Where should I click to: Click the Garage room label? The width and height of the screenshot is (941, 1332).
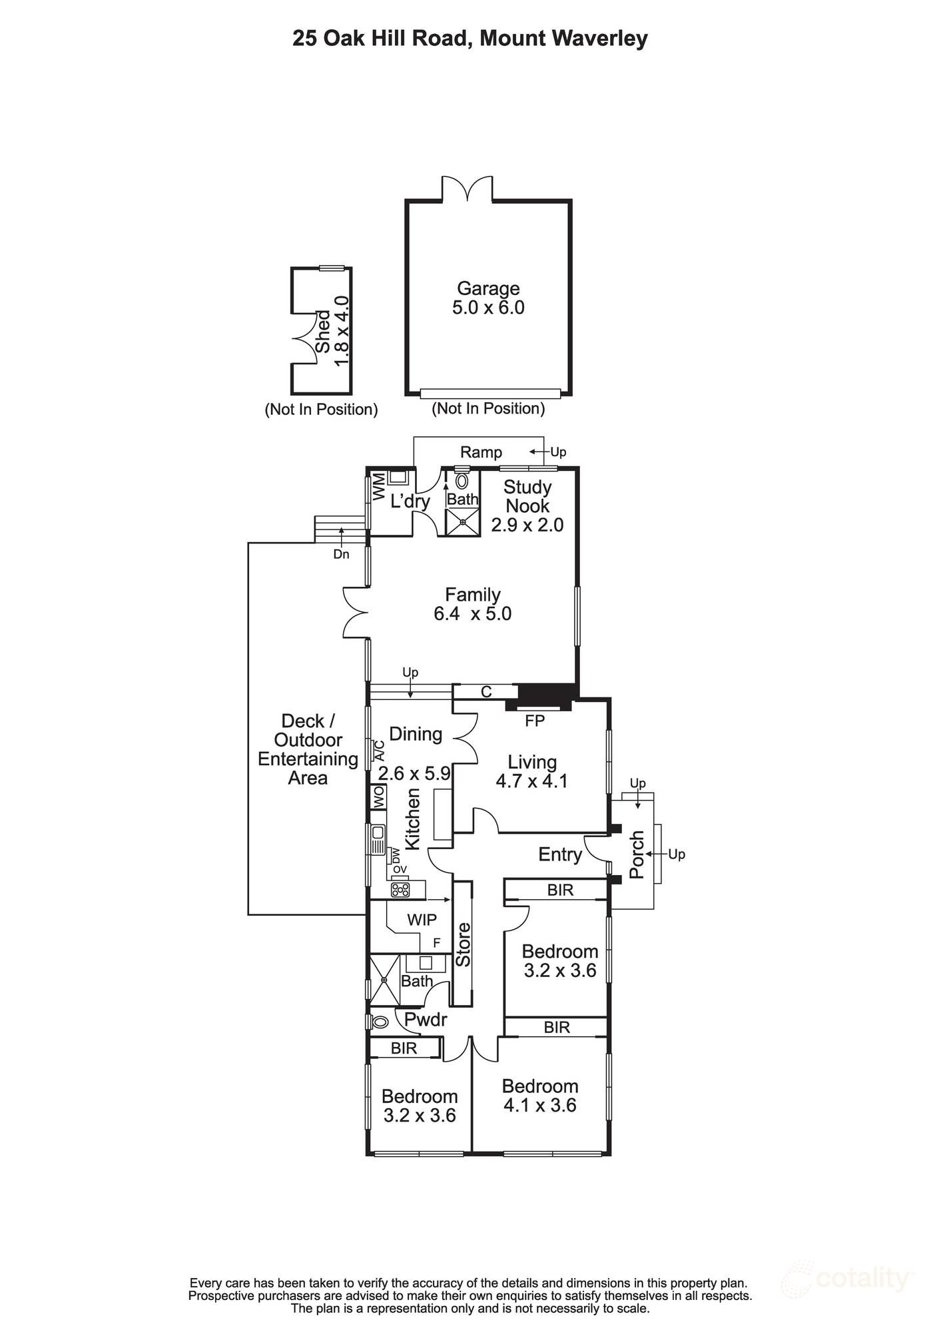(x=488, y=288)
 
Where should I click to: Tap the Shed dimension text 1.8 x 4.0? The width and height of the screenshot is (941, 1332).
(x=342, y=330)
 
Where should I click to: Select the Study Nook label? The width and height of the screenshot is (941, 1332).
(x=527, y=496)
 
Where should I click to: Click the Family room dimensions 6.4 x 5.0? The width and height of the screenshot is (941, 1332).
(x=472, y=613)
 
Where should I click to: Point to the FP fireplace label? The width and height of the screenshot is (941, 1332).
(x=535, y=721)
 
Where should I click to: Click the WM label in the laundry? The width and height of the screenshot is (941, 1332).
(x=378, y=486)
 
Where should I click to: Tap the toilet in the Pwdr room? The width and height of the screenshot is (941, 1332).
(x=380, y=1022)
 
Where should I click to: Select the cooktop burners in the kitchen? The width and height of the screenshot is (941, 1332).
(x=400, y=889)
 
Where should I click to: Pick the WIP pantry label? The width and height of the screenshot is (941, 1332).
(x=422, y=920)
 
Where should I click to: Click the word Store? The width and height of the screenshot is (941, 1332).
(x=463, y=944)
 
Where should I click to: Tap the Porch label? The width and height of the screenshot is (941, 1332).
(x=637, y=854)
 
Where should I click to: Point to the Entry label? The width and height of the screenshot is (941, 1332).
(x=560, y=854)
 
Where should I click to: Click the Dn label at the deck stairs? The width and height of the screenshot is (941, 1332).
(x=341, y=554)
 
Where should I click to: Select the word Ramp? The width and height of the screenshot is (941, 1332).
(x=481, y=452)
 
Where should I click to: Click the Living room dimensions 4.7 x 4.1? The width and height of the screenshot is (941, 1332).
(x=531, y=781)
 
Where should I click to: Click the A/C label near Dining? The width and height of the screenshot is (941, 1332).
(x=380, y=751)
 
